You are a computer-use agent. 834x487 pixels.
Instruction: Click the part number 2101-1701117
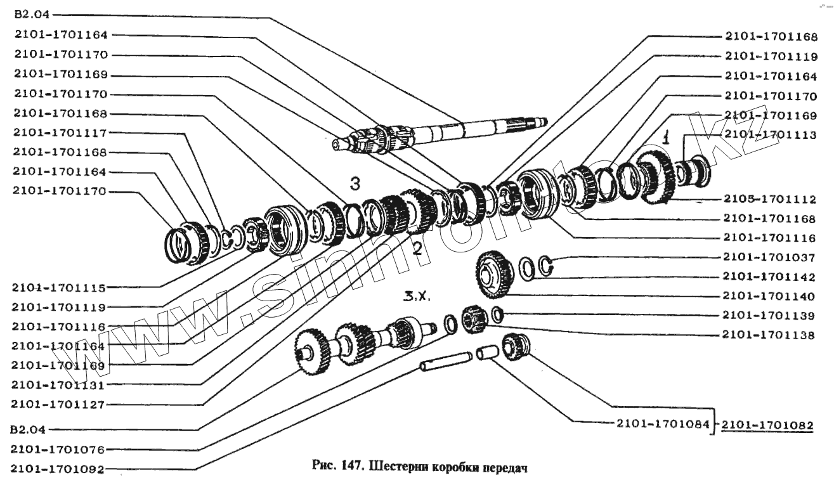(x=59, y=133)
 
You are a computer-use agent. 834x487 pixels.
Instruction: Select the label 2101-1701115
(x=59, y=287)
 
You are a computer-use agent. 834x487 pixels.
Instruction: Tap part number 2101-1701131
(x=59, y=385)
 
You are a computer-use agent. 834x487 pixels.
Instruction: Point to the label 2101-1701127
(x=59, y=404)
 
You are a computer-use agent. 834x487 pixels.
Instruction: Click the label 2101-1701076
(x=59, y=450)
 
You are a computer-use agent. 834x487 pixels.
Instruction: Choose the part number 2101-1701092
(x=59, y=469)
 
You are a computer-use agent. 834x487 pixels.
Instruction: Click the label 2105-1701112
(x=768, y=199)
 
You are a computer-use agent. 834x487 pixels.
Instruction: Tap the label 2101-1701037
(x=768, y=257)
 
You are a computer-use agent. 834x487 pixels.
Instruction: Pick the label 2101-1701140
(x=768, y=296)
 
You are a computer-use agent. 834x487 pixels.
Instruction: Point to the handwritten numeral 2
(x=417, y=247)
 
